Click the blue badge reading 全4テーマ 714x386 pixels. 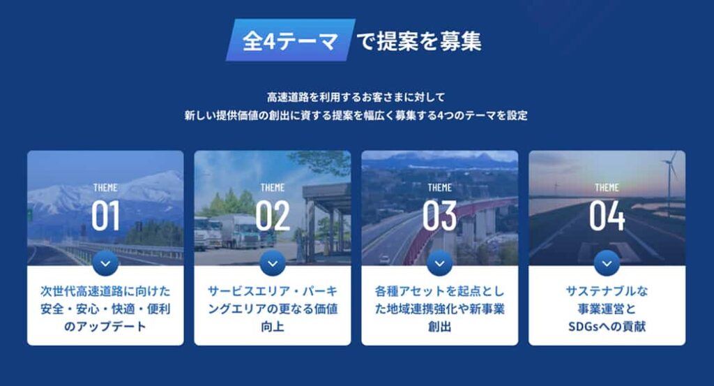click(291, 40)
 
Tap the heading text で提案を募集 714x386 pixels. click(419, 41)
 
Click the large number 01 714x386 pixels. click(105, 215)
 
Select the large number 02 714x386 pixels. click(273, 215)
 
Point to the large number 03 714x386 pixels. click(439, 215)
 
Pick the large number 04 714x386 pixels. click(607, 215)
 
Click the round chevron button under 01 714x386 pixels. click(105, 263)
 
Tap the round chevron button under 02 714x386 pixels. click(273, 263)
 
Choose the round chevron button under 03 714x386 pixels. click(439, 263)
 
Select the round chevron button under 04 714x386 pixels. click(607, 263)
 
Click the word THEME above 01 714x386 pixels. click(105, 188)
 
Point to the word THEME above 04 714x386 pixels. click(607, 188)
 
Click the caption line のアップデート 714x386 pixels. click(105, 326)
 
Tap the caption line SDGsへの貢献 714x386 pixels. click(607, 326)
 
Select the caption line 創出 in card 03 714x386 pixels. click(439, 326)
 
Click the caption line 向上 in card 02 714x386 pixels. click(273, 326)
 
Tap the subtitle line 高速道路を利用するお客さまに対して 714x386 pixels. click(356, 97)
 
